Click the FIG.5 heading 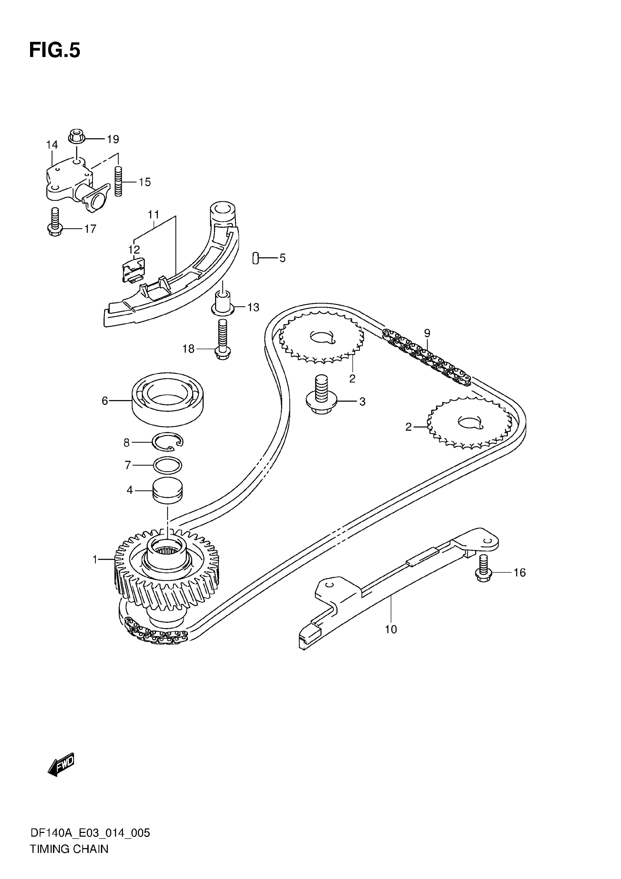pos(55,51)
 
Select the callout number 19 pos(113,139)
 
